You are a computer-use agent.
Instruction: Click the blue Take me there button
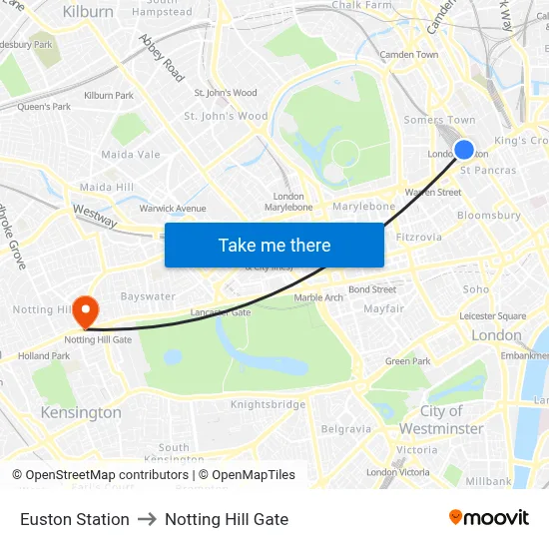click(x=274, y=246)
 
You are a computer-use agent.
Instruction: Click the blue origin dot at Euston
click(x=464, y=150)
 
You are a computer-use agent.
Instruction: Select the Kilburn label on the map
click(x=88, y=12)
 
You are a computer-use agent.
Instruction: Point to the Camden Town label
click(x=409, y=54)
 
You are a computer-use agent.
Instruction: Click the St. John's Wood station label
click(x=226, y=93)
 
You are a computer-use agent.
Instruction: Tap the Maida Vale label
click(x=131, y=155)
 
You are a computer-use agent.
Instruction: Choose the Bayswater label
click(x=148, y=296)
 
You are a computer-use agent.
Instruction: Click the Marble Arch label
click(x=318, y=297)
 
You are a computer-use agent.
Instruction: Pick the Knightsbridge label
click(x=268, y=404)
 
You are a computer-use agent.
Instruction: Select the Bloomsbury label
click(x=489, y=215)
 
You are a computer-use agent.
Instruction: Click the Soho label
click(x=476, y=289)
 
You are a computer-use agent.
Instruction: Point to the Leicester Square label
click(x=492, y=316)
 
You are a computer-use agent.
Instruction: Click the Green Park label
click(x=407, y=361)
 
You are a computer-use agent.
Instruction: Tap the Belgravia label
click(x=346, y=428)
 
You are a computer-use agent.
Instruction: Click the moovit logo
click(x=488, y=517)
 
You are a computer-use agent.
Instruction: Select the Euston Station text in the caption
click(x=75, y=519)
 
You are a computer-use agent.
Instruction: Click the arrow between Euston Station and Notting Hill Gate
click(x=147, y=519)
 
